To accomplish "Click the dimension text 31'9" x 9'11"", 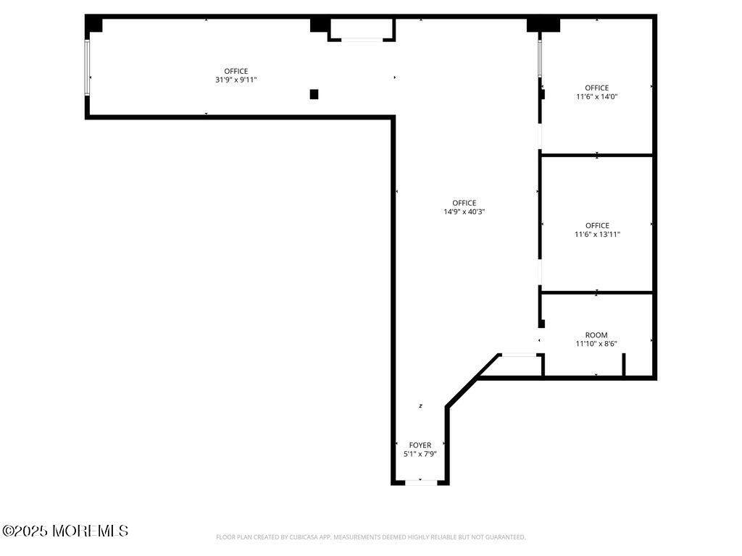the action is (x=235, y=80).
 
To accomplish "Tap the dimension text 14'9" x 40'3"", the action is (x=464, y=212).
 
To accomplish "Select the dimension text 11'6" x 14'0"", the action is (x=597, y=96).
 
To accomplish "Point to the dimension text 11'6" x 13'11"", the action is (x=597, y=234).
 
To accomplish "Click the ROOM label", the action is (x=596, y=335).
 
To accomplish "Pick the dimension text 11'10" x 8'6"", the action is (x=596, y=344).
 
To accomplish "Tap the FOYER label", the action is (x=420, y=445).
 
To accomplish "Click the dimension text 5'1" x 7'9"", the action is (x=420, y=454).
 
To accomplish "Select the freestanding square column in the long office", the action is (x=314, y=94).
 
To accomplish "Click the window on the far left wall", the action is (x=87, y=67).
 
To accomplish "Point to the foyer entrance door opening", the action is (x=421, y=482).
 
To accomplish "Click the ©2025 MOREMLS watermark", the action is (x=65, y=531).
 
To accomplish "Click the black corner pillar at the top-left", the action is (x=94, y=25).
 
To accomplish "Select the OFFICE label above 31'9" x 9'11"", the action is (x=236, y=72).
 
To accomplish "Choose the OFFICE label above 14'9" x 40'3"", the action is (x=464, y=203).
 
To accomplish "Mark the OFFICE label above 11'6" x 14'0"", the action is (x=597, y=88).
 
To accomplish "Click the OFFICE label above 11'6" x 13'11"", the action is (x=597, y=226).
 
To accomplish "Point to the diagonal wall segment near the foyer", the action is (x=472, y=379).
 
